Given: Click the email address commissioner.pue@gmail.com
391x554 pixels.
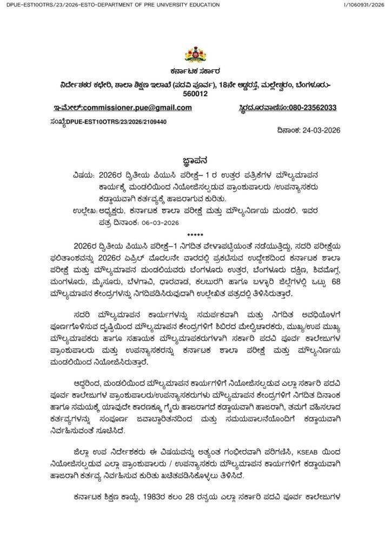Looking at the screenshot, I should pos(137,108).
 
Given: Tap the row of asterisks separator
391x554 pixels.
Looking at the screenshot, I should pos(194,234).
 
